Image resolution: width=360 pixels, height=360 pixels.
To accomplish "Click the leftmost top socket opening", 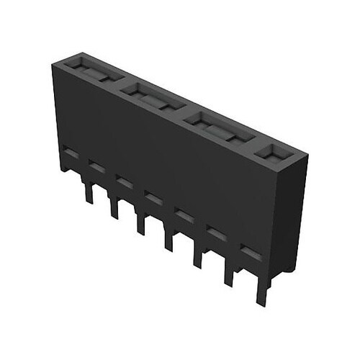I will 91,71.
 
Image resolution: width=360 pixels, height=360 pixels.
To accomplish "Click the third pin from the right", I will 196,253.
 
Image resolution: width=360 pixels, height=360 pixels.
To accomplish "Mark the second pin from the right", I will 229,272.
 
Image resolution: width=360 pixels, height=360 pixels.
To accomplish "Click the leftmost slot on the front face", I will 69,153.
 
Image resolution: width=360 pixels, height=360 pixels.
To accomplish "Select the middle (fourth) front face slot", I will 151,196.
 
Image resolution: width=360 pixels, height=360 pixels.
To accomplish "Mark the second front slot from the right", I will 215,232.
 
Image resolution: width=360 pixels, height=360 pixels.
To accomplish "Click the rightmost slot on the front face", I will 249,252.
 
